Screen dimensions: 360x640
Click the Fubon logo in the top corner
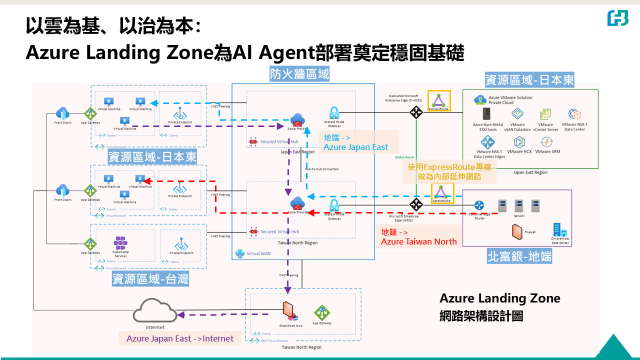point(617,18)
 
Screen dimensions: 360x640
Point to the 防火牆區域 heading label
point(299,74)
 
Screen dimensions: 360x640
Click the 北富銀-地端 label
point(519,257)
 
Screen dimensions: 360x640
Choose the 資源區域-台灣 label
point(150,279)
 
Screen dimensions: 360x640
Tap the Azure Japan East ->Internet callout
point(180,338)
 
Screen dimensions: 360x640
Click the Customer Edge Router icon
point(479,205)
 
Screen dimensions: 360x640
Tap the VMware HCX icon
point(518,142)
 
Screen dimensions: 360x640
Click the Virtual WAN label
point(257,253)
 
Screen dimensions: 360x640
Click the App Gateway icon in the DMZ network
point(322,313)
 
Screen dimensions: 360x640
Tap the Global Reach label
point(404,157)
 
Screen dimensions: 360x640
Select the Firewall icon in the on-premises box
point(517,231)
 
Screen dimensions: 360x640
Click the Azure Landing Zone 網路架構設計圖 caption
point(499,307)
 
